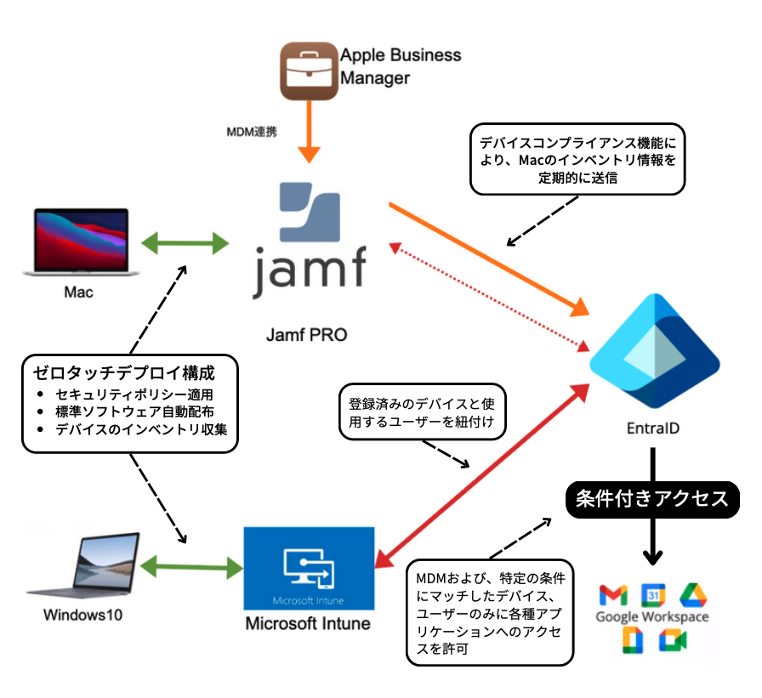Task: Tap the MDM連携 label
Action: [x=251, y=132]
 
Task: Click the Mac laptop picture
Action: [x=78, y=242]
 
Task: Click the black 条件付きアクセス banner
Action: [x=651, y=499]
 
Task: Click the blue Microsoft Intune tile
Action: [x=309, y=569]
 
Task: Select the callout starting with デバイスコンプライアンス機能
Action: [x=578, y=158]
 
